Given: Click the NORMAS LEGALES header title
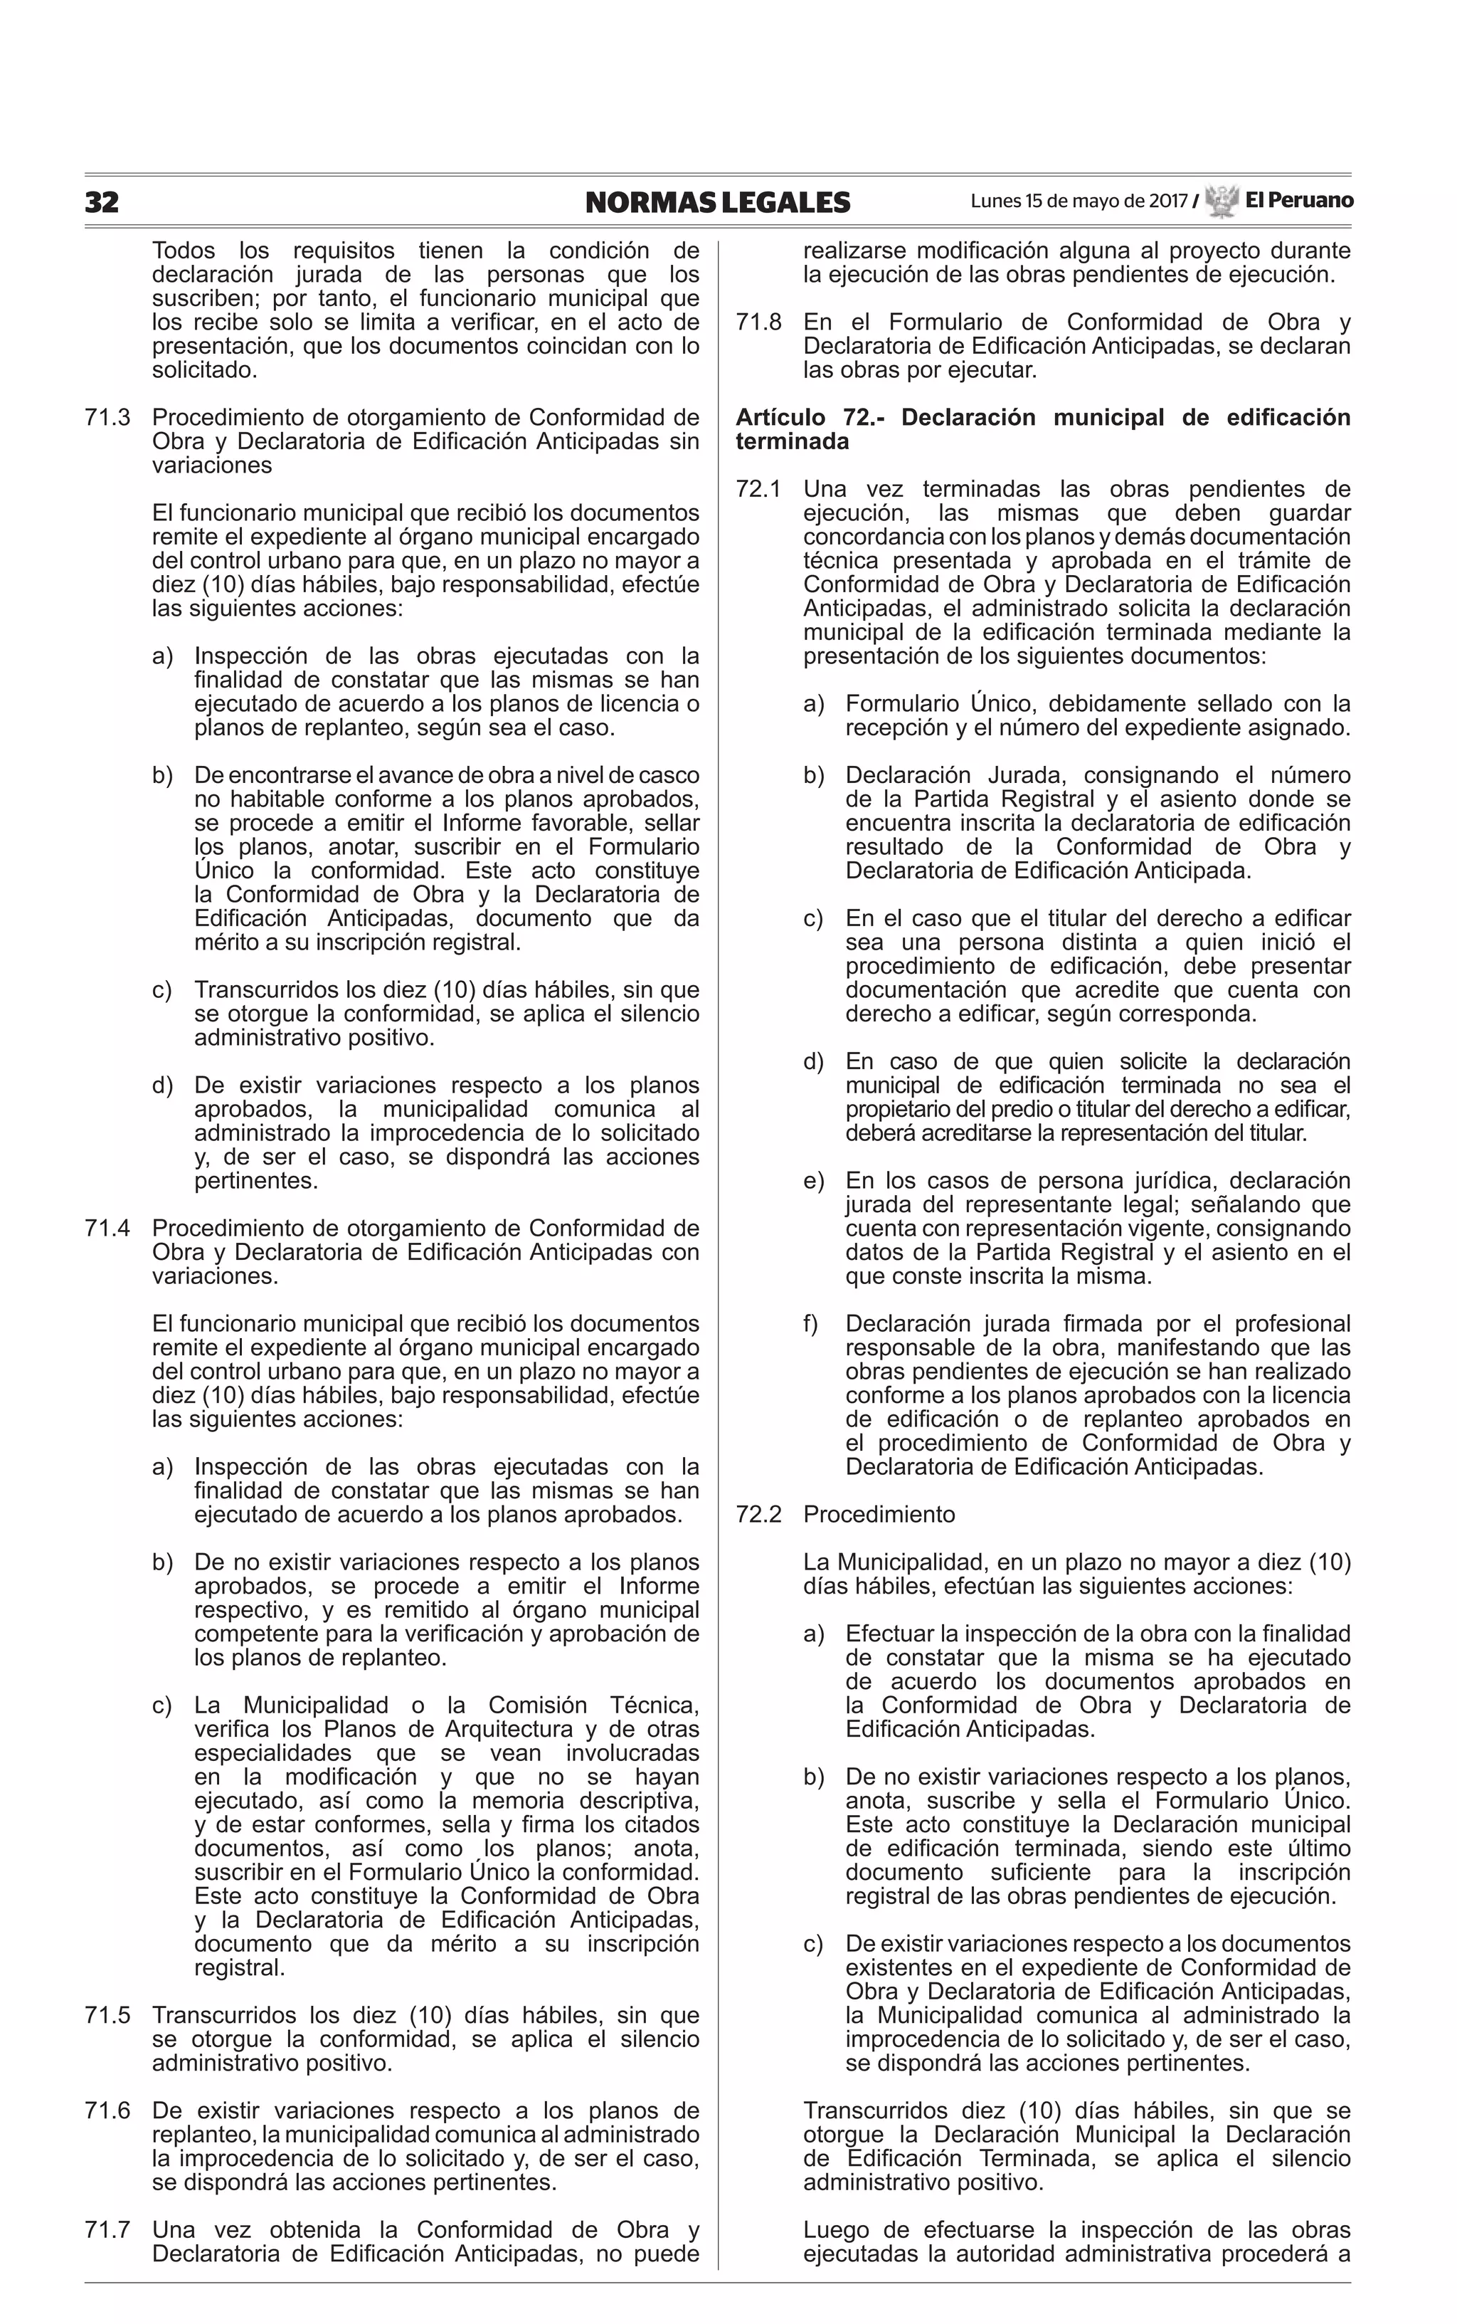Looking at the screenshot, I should (717, 202).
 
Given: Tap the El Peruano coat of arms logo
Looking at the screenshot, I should (1221, 201).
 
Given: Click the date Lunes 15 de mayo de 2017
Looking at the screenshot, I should (1079, 201).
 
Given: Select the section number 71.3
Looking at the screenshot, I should (107, 417).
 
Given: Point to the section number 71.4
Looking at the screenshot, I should (107, 1228).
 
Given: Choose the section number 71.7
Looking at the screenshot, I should (107, 2229).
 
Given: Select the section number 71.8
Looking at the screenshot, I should (758, 322).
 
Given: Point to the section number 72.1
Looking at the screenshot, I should (758, 489).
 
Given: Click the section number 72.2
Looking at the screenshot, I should (758, 1514).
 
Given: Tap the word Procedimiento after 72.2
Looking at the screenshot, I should (879, 1514).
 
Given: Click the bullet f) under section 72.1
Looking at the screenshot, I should (810, 1323).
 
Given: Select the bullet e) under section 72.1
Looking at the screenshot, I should (813, 1181).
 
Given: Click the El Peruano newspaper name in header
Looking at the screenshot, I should (1298, 201).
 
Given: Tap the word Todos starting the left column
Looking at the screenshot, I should (185, 251).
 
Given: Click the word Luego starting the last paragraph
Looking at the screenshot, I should (837, 2229).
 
